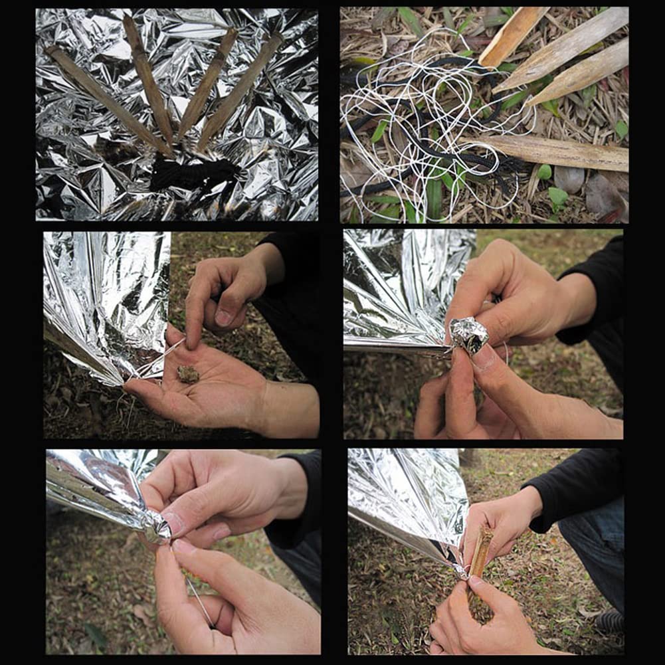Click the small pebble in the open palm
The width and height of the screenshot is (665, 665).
point(188,374)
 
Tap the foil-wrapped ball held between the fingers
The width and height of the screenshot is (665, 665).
point(469,334)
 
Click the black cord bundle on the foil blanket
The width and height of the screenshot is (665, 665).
point(193,174)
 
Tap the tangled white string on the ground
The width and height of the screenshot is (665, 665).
point(425,126)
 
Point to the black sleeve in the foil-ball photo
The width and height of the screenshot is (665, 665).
point(598,299)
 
